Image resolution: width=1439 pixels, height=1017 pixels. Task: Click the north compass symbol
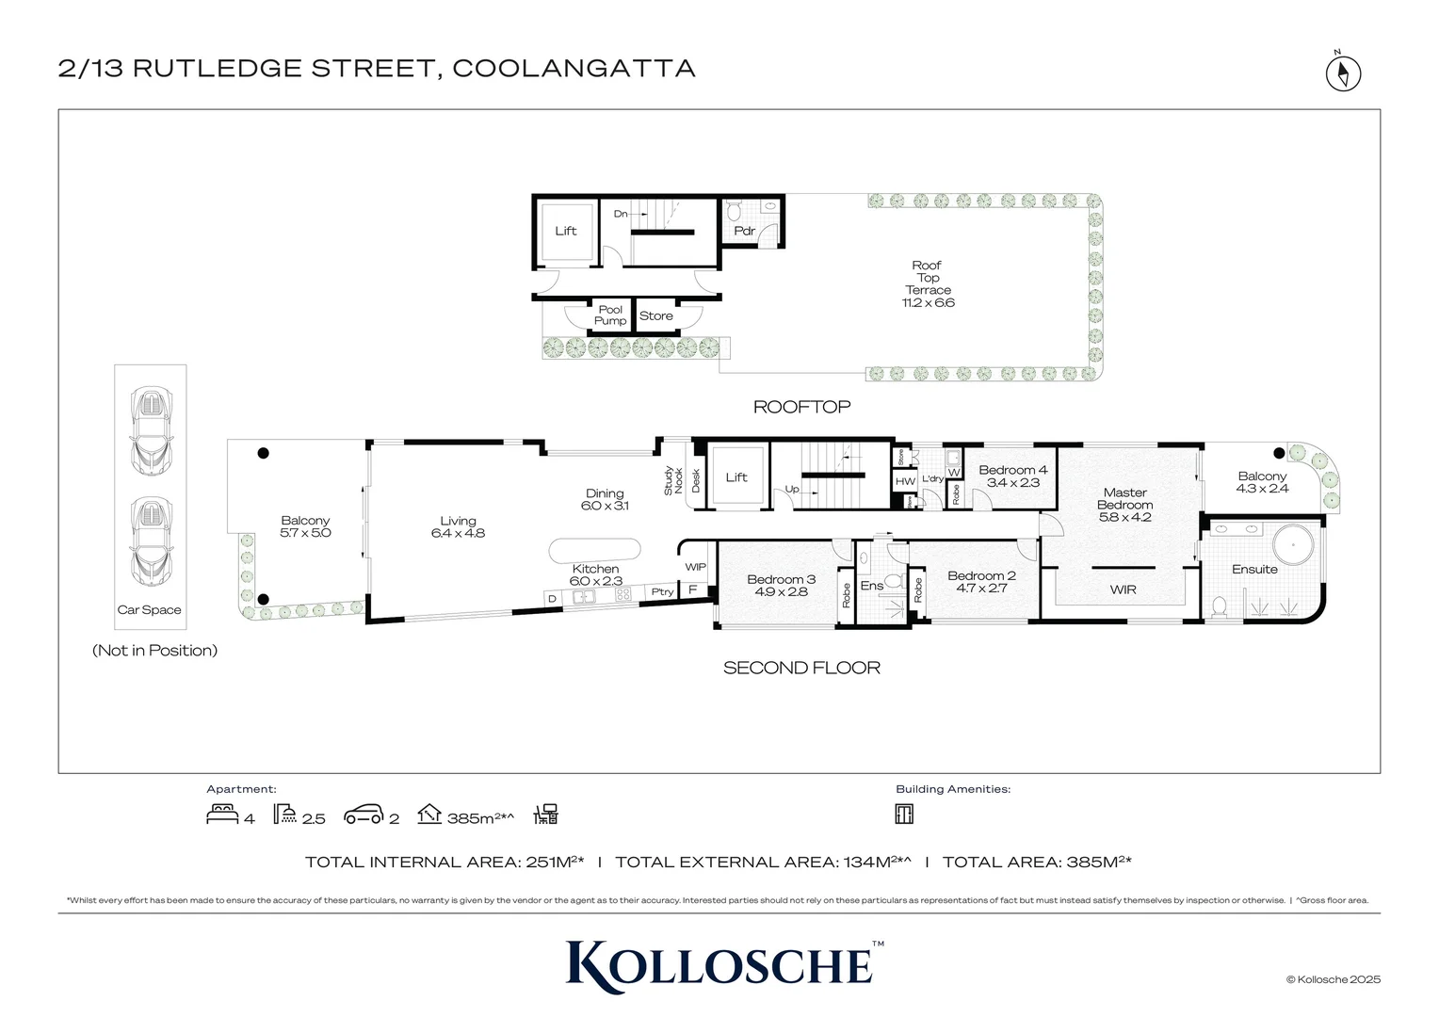click(x=1343, y=73)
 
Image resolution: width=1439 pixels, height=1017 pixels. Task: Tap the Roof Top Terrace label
click(x=928, y=278)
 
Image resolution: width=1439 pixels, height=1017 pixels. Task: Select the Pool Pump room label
click(x=610, y=315)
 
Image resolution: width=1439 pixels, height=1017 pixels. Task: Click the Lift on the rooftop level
click(x=565, y=231)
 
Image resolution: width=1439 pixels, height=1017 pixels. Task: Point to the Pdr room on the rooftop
click(x=744, y=231)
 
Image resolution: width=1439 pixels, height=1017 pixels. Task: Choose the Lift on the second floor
click(x=736, y=477)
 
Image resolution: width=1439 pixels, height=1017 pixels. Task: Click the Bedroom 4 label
click(x=1012, y=470)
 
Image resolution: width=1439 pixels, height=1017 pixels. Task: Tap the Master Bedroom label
click(x=1124, y=498)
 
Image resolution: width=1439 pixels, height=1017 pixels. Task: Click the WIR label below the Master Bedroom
click(x=1123, y=589)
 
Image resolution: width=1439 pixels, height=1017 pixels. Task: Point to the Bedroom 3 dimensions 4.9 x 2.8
click(x=781, y=592)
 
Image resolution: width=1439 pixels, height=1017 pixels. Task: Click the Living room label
click(x=459, y=521)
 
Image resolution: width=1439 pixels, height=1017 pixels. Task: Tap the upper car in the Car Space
click(x=150, y=430)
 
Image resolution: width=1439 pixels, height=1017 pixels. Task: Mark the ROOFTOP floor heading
click(x=801, y=407)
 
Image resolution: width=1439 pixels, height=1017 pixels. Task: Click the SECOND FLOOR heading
click(x=801, y=668)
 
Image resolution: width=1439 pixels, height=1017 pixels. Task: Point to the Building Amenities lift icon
click(x=904, y=814)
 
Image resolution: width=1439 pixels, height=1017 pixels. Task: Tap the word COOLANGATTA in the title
click(x=574, y=69)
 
